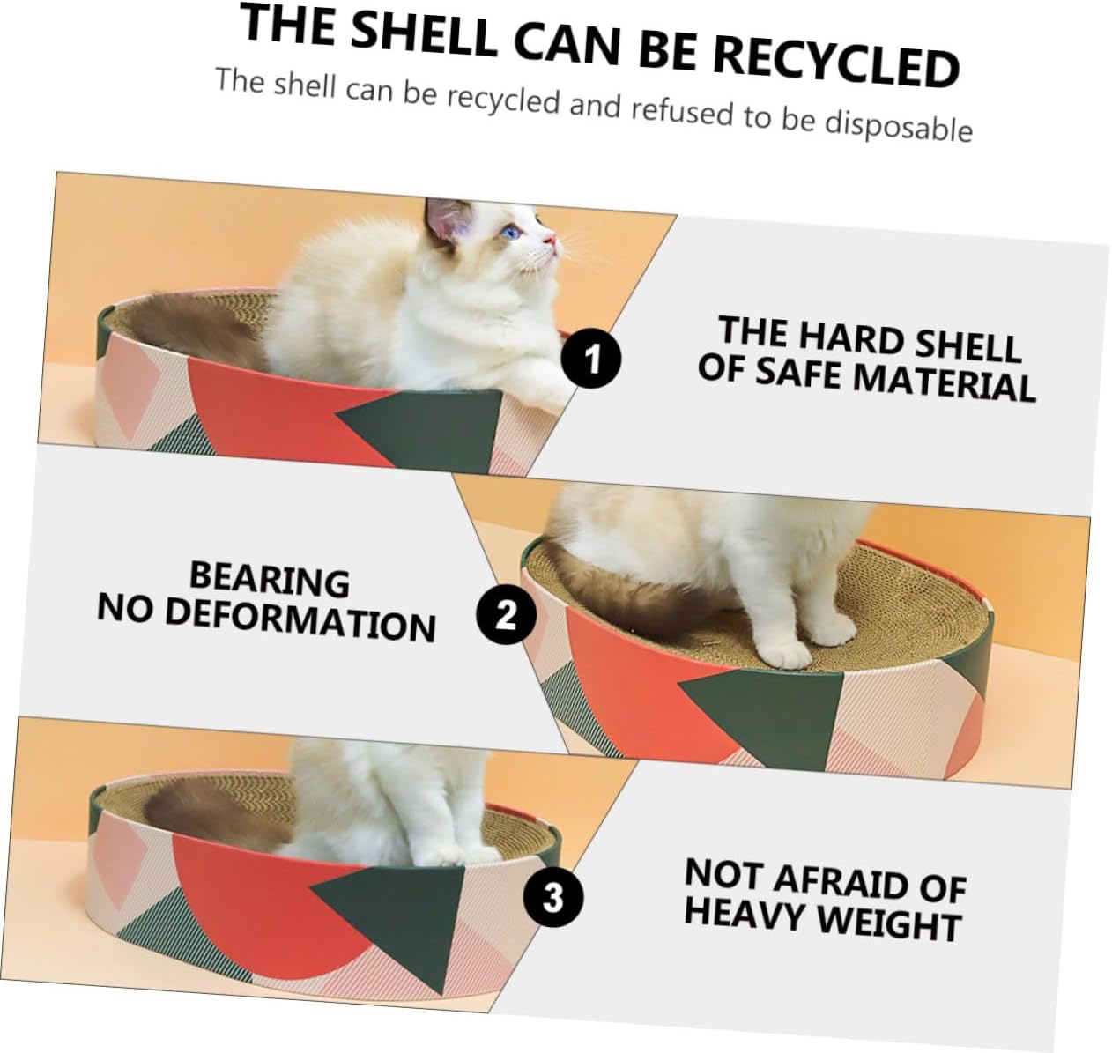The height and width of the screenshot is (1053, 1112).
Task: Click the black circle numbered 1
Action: coord(591,359)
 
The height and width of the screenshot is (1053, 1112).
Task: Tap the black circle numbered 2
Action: coord(506,614)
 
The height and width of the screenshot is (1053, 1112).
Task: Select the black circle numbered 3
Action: coord(552,898)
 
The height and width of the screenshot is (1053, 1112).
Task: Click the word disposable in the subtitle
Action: coord(898,126)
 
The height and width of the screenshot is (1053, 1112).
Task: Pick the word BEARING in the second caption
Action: coord(270,580)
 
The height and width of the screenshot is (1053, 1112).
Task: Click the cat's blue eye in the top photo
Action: coord(509,232)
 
